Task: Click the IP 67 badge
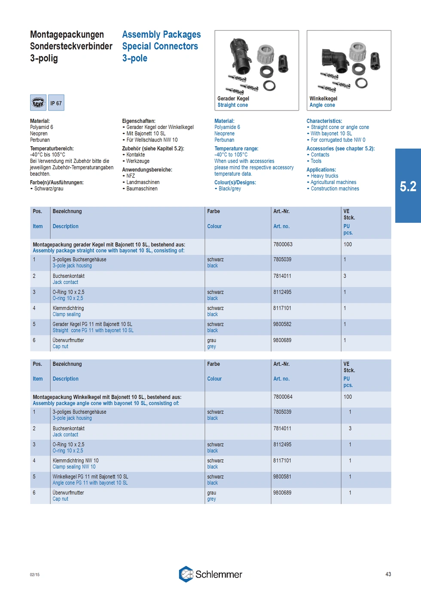point(56,103)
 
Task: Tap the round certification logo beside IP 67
point(38,103)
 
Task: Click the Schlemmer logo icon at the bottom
point(186,574)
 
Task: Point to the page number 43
point(388,574)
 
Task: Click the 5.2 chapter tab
point(408,186)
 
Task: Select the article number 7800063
point(283,244)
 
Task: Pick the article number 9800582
point(282,324)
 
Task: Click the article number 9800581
point(282,476)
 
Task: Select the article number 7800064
point(283,397)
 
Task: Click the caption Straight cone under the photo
point(232,105)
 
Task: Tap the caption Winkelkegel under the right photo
point(323,98)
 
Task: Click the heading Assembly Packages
point(161,34)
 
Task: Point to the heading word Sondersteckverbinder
point(71,46)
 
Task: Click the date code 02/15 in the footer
point(35,574)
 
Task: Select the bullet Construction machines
point(335,188)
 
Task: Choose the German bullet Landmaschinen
point(143,182)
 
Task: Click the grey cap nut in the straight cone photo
point(265,53)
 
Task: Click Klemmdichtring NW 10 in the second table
point(76,461)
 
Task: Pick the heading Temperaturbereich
point(52,148)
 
